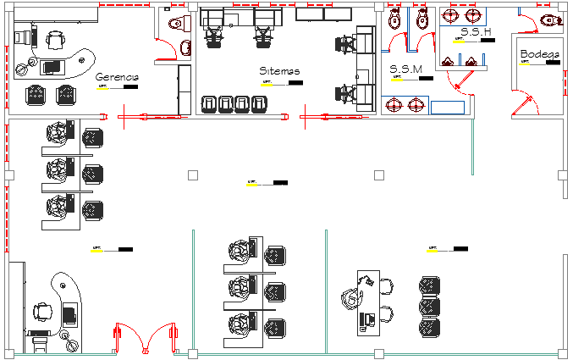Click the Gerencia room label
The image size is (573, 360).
click(x=117, y=76)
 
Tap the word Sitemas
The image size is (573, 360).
click(x=280, y=72)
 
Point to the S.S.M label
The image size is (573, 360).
click(x=405, y=69)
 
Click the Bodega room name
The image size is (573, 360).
click(x=539, y=55)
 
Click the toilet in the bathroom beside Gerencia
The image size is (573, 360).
click(x=176, y=23)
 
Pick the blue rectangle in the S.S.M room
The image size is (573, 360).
click(x=448, y=107)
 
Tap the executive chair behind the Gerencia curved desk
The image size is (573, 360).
click(x=56, y=40)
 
